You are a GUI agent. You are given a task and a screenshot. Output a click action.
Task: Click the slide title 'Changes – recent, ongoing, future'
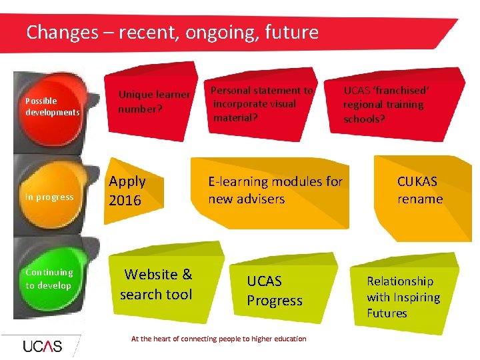coord(172,32)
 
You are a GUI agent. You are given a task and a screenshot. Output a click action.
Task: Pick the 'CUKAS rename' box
coord(420,191)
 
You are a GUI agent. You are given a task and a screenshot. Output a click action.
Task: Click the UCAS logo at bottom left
coord(42,346)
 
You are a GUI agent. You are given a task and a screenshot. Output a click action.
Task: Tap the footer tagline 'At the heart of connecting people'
coord(219,339)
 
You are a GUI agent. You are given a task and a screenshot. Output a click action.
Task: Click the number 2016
coord(125,200)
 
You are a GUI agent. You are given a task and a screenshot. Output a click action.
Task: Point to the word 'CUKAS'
coord(417,181)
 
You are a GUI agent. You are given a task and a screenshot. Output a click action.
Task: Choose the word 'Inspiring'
coord(415,297)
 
